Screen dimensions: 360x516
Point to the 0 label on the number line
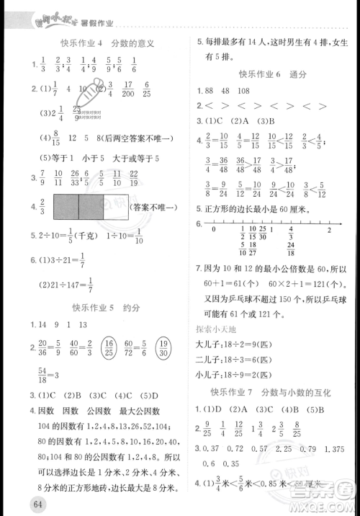(213, 229)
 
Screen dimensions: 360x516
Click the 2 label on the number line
(328, 229)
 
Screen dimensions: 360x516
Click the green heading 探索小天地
(214, 329)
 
